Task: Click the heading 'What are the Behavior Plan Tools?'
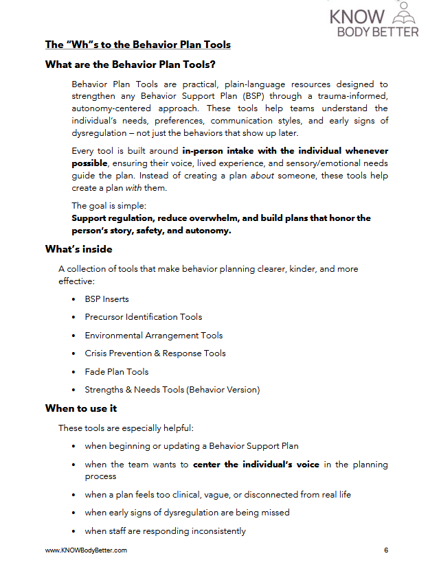pos(131,65)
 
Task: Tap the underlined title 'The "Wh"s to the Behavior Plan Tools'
pos(137,45)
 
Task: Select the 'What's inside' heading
pos(79,249)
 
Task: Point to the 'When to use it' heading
pos(81,408)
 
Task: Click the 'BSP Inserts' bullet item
pos(106,299)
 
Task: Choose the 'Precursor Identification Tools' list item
pos(144,317)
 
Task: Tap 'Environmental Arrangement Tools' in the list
pos(154,336)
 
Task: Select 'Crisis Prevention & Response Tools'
pos(155,353)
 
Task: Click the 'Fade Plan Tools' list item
pos(117,372)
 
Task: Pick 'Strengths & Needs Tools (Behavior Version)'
pos(172,390)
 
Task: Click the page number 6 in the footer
pos(386,550)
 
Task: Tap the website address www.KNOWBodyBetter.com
pos(86,550)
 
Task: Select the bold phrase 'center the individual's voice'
pos(256,465)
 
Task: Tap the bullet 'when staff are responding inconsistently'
pos(165,531)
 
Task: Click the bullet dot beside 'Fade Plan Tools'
pos(74,372)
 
